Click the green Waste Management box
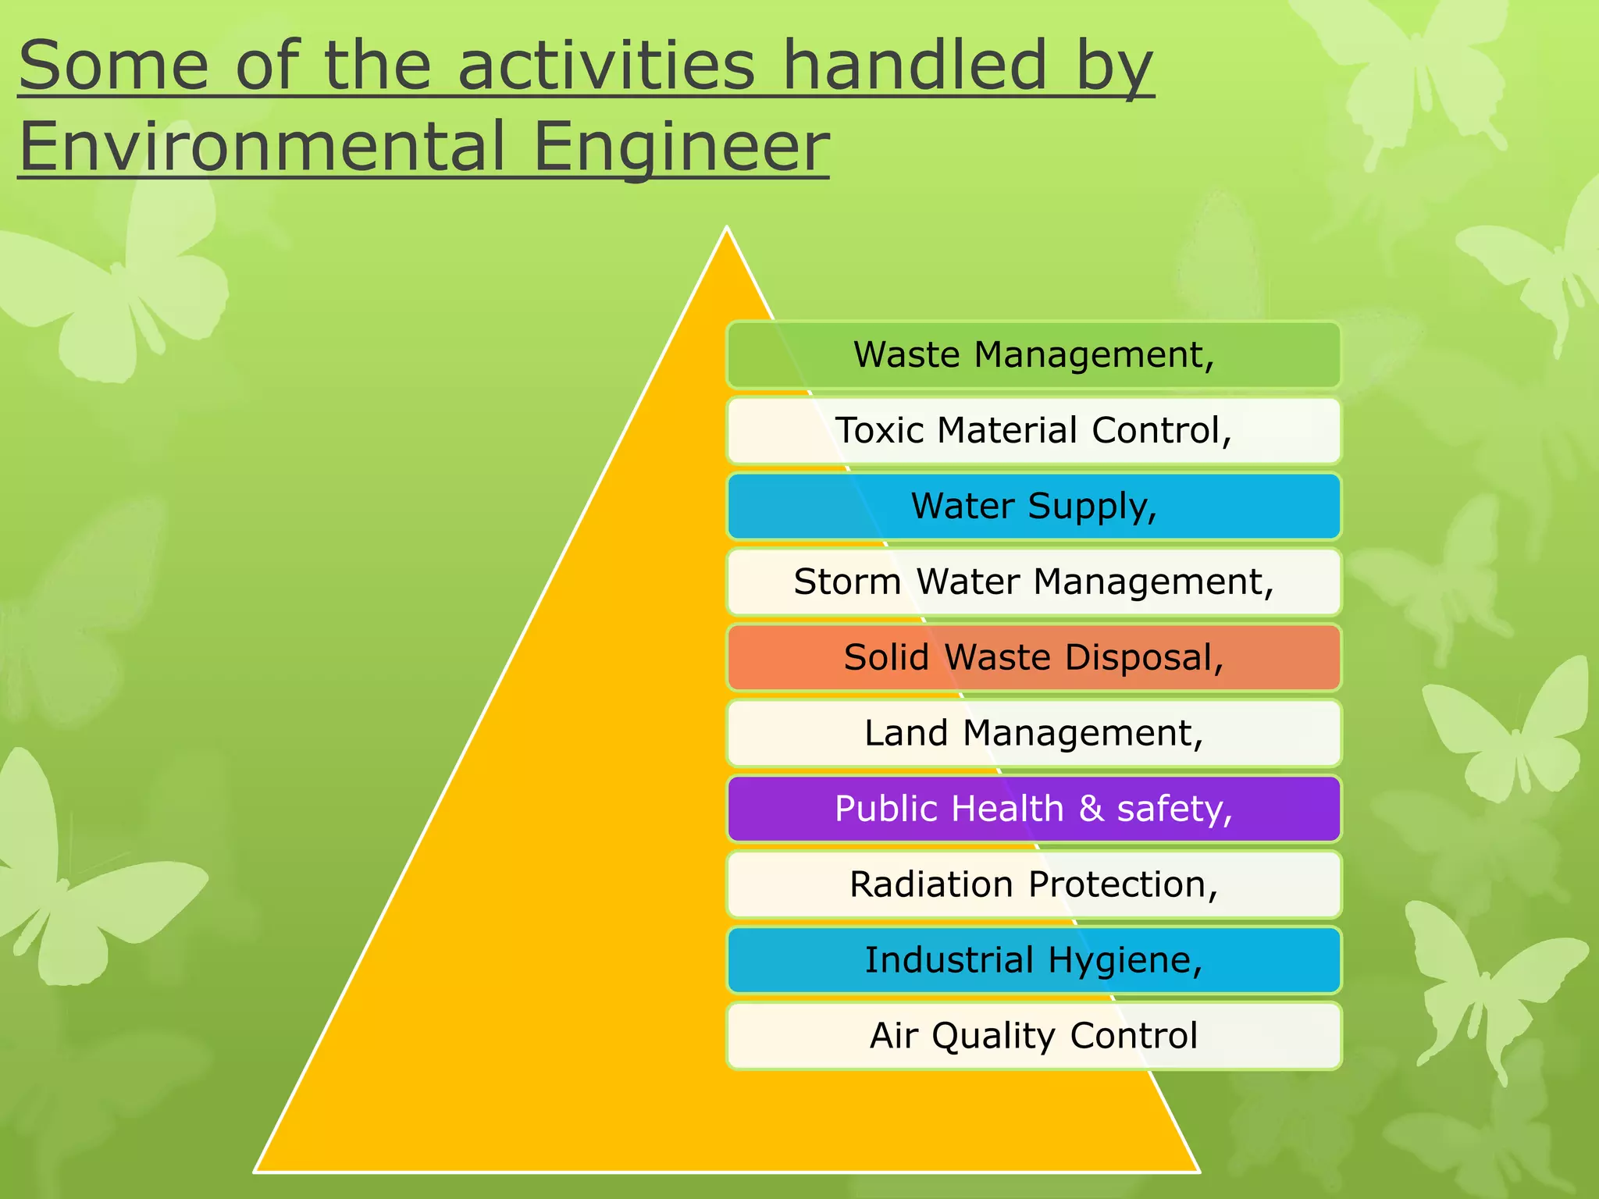1033,354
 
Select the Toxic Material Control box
1033,430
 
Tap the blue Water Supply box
1033,506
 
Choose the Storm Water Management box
1033,582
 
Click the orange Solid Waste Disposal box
1033,657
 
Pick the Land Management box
1033,733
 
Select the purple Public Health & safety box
1033,809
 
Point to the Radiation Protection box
1033,884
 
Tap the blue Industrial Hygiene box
1033,960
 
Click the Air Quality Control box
1033,1036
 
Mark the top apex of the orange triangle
727,229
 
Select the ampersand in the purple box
1091,809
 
